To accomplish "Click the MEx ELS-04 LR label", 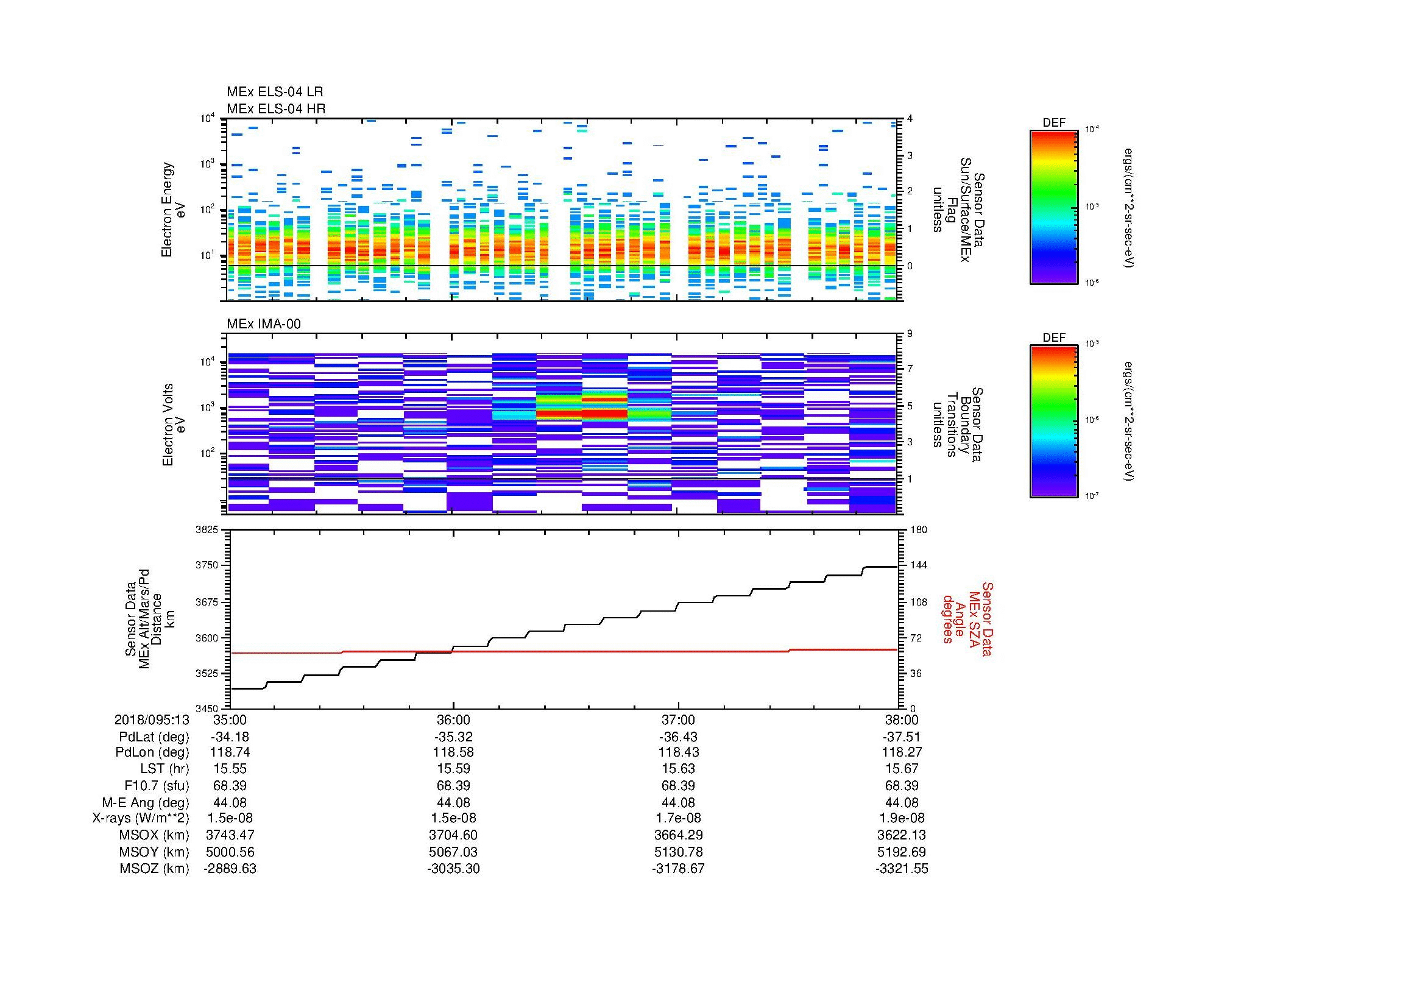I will (274, 92).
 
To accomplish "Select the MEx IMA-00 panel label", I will (263, 324).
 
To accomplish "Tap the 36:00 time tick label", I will (453, 720).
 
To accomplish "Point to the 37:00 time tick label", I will (677, 720).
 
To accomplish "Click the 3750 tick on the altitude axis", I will (207, 565).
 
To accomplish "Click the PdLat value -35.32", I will (453, 737).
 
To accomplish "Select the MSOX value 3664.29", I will (677, 835).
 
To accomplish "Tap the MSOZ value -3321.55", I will (902, 869).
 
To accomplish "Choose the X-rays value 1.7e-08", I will (677, 818).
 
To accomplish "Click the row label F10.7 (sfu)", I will (155, 785).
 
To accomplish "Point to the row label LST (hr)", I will (164, 769).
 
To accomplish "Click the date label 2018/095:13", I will (152, 720).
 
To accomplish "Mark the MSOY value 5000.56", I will (230, 852).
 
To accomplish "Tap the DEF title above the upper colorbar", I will (1053, 123).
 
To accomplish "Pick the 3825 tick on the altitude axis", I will (207, 530).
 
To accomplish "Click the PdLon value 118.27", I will (902, 752).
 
